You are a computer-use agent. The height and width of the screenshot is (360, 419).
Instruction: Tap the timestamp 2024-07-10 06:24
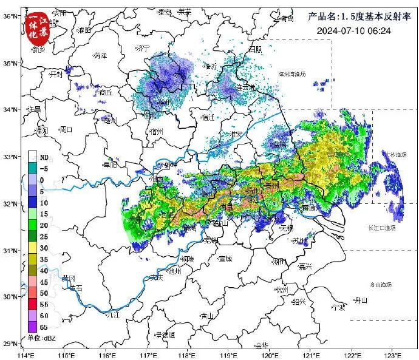353,30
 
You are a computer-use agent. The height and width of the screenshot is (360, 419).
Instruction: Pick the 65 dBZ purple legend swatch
34,326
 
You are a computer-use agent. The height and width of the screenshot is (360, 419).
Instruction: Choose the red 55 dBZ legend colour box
34,304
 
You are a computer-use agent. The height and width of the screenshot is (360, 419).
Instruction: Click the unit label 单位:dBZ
41,338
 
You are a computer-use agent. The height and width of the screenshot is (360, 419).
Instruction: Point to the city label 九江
112,314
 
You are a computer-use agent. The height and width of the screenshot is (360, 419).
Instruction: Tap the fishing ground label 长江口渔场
381,228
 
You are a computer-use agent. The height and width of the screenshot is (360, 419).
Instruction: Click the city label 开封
56,73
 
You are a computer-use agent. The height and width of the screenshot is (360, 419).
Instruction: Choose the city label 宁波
338,307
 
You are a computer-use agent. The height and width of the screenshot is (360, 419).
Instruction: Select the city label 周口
64,129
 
